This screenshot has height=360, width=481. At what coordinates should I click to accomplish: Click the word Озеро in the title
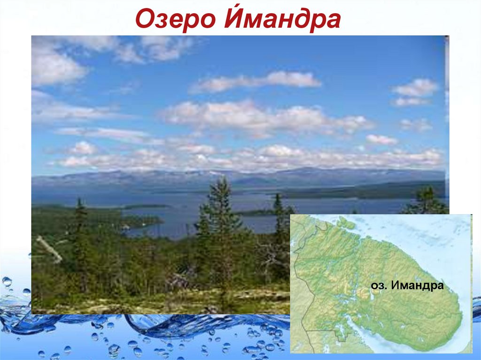[170, 20]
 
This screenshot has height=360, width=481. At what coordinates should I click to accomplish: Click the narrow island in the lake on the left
[146, 206]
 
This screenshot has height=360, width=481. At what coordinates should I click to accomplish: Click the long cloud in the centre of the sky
[256, 82]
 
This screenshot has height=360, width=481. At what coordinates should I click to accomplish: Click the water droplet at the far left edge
[7, 282]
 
